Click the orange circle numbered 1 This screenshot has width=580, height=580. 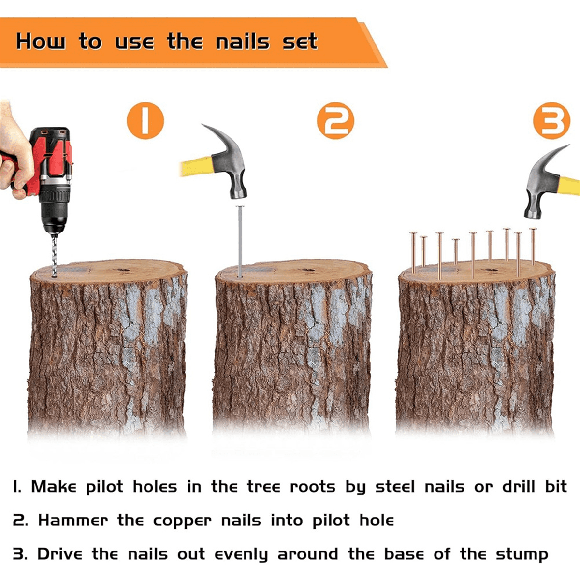(x=145, y=121)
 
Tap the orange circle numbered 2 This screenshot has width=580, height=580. (x=335, y=121)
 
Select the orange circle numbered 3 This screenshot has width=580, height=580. (x=551, y=121)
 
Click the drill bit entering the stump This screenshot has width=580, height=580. (x=54, y=255)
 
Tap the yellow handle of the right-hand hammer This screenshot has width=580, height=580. (x=569, y=186)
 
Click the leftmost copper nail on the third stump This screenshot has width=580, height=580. (x=413, y=252)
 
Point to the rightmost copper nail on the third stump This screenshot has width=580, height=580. (x=533, y=246)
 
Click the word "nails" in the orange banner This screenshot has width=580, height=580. (x=243, y=42)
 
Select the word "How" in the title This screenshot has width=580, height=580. (x=41, y=41)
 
